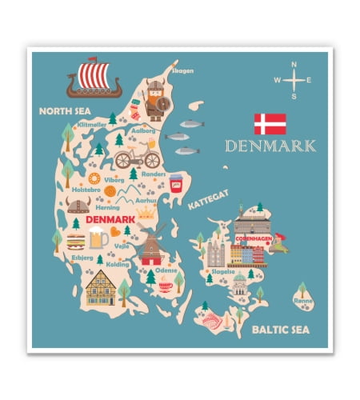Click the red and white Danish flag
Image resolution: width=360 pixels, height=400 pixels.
pos(270,124)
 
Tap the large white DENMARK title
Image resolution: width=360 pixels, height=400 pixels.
pos(270,146)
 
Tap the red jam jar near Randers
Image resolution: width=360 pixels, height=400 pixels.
pos(175,182)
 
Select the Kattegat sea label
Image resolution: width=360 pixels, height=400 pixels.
pos(208,199)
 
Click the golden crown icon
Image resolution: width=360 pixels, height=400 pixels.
pos(146,212)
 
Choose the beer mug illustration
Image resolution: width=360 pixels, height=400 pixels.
pos(97,237)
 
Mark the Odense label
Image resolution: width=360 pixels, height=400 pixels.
pos(166,270)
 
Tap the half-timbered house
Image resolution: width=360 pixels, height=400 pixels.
pos(101,288)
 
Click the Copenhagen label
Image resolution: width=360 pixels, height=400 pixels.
pos(254,238)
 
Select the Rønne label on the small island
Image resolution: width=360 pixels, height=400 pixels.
pos(303,301)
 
